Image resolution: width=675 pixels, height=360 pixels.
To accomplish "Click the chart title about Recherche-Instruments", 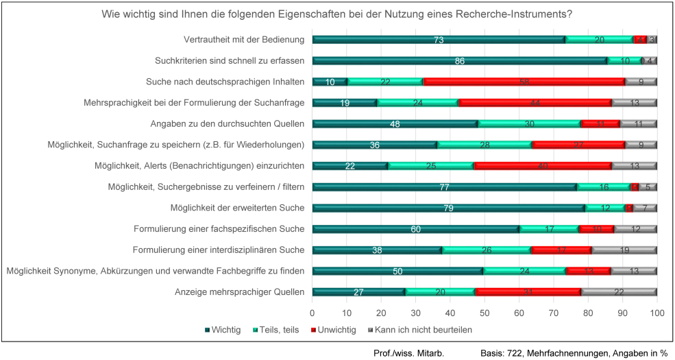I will point(337,14).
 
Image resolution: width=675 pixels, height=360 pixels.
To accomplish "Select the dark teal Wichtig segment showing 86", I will point(460,61).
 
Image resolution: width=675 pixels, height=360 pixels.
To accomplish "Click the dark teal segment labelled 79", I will point(448,208).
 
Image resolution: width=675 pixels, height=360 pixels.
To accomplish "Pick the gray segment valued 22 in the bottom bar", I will point(619,292).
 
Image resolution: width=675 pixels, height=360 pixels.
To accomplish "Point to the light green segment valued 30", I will point(529,124).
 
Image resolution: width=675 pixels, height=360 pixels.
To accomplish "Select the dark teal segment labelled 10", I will point(330,82).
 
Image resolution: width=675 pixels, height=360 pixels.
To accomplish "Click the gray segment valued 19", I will point(624,250).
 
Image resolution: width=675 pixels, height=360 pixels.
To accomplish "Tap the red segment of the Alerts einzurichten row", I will point(543,166).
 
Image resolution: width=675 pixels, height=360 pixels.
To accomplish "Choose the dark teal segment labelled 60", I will point(415,229).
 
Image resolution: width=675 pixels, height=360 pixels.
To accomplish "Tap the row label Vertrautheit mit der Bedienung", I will point(245,40).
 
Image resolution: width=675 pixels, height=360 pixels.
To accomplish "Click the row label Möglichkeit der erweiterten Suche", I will point(237,208).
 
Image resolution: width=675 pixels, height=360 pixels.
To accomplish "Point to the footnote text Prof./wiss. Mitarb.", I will point(408,352).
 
